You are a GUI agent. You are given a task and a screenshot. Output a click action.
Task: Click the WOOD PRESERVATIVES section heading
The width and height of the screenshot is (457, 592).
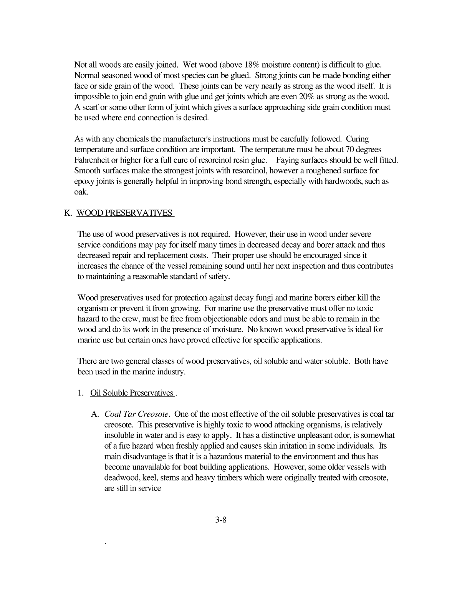[x=125, y=213]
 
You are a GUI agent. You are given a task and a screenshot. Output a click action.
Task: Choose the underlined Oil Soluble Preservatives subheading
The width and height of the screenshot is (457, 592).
[x=132, y=393]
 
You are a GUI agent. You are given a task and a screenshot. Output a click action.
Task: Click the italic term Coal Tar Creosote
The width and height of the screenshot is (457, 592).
[x=137, y=414]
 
